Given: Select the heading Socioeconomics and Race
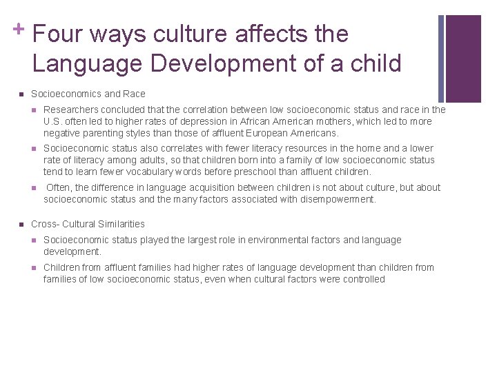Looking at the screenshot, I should pos(88,94).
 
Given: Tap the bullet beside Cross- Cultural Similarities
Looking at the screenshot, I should pos(21,224).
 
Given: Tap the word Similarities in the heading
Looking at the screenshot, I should pos(121,224).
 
